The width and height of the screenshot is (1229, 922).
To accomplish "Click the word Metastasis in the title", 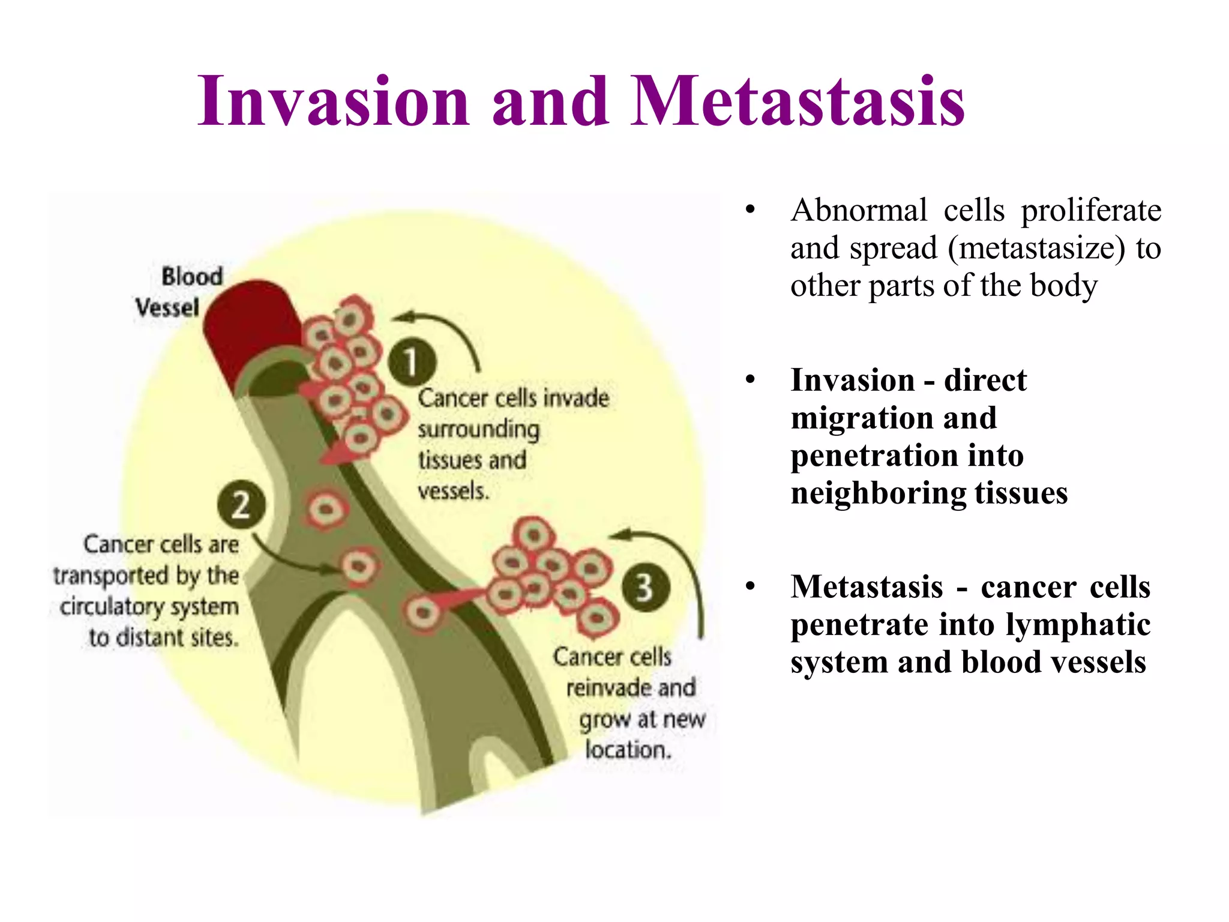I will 798,102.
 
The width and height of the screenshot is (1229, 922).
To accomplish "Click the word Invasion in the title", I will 334,102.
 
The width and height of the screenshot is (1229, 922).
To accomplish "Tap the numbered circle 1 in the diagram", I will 412,362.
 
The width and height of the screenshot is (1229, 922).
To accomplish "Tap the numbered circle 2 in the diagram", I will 241,505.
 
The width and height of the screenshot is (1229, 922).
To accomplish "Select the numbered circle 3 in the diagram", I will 645,587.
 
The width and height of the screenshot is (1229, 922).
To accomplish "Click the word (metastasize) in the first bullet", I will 1037,248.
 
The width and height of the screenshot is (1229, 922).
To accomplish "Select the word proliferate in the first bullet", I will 1091,211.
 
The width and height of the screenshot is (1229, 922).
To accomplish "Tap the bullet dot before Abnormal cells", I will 750,211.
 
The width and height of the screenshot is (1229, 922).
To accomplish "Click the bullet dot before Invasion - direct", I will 750,381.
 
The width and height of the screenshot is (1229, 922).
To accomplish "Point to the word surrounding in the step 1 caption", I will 479,430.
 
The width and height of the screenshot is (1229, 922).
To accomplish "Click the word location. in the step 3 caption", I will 628,750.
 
